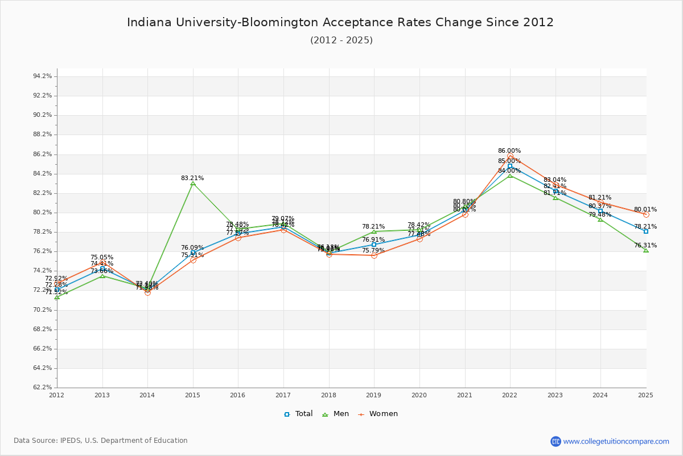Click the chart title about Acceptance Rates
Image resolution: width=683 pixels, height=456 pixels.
tap(340, 23)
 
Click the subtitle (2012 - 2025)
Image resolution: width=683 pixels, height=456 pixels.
tap(341, 40)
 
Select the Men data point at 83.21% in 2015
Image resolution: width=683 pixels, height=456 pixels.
tap(193, 184)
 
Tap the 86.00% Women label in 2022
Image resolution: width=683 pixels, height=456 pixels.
tap(509, 151)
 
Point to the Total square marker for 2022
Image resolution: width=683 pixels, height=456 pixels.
tap(510, 166)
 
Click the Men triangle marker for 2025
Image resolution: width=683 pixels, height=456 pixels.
tap(646, 250)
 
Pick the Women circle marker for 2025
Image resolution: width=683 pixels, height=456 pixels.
tap(646, 215)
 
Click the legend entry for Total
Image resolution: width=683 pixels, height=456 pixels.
tap(298, 414)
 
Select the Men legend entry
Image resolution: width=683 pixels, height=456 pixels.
tap(335, 414)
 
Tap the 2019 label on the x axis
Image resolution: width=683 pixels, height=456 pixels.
tap(374, 395)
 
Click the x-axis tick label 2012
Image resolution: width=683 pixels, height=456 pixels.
tap(57, 395)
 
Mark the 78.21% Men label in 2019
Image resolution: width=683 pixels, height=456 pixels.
tap(373, 227)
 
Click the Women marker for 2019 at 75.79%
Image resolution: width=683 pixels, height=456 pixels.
tap(374, 255)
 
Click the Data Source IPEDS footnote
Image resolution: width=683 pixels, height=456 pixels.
tap(101, 441)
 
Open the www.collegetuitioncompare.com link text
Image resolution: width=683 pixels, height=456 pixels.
tap(616, 441)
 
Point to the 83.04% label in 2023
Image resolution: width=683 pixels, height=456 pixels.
tap(554, 180)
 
